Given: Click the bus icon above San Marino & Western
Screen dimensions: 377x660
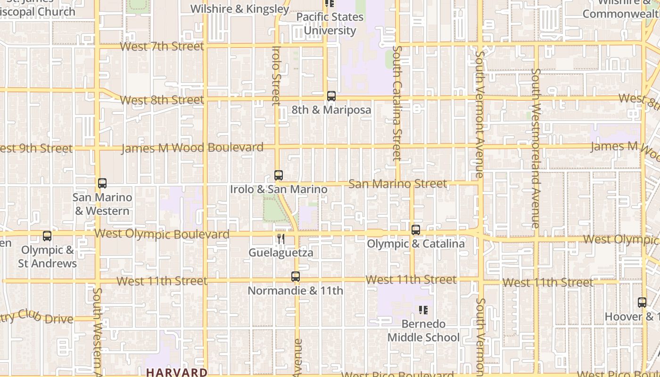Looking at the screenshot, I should pos(102,183).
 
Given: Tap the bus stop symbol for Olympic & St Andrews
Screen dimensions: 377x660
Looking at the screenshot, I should pos(47,236).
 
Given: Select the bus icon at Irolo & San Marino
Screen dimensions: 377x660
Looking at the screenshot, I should pos(279,175).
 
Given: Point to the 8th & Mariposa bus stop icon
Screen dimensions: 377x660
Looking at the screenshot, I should pos(331,96).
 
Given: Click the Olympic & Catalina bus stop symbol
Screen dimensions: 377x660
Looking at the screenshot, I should pos(415,230).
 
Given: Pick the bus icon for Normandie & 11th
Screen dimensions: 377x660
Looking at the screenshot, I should pos(296,277).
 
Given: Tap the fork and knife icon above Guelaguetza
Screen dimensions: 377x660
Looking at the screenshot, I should pos(281,239).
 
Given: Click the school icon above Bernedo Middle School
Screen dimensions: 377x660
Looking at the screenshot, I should pos(423,310).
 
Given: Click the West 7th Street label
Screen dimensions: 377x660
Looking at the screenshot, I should pos(162,46).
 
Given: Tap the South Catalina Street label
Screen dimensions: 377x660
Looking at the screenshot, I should pos(397,103).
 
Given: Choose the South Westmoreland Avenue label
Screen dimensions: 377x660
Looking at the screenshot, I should pos(536,148).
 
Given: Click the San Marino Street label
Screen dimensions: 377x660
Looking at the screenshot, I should pos(397,183).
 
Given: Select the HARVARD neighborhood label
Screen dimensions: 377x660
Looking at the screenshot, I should pos(176,372).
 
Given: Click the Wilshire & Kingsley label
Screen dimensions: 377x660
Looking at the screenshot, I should pos(240,9).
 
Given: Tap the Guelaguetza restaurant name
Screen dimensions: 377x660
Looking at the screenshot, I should pos(280,253).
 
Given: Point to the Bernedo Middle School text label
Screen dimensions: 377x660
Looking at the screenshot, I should pos(423,331).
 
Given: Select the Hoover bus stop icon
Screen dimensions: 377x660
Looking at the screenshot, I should pos(642,303).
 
